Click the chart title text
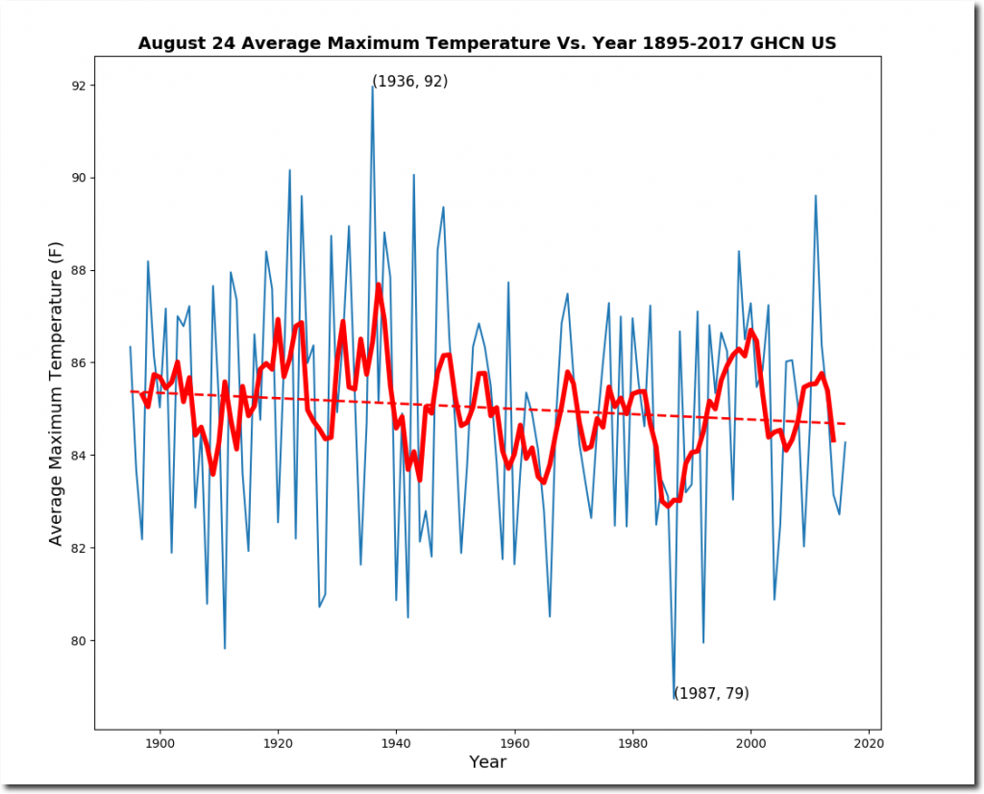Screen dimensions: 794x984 (x=488, y=43)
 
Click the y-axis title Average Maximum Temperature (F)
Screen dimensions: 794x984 (x=56, y=394)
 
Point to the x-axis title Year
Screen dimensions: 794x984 (x=487, y=762)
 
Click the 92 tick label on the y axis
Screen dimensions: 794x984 (x=77, y=86)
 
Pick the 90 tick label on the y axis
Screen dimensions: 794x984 (x=77, y=178)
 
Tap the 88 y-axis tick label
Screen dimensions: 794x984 (x=77, y=270)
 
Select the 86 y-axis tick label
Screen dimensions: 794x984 (x=77, y=363)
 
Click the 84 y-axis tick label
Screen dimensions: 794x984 (x=77, y=456)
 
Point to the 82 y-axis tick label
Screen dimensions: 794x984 (x=77, y=548)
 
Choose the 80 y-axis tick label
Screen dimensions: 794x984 (x=77, y=640)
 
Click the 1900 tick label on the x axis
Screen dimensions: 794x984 (x=160, y=742)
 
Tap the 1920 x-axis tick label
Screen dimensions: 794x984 (x=278, y=742)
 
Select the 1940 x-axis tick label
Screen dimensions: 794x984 (x=396, y=742)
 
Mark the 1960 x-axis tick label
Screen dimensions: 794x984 (x=514, y=742)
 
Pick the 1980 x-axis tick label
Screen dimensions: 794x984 (x=632, y=742)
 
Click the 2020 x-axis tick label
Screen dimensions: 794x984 (x=869, y=742)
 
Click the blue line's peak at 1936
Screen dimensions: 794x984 (x=373, y=87)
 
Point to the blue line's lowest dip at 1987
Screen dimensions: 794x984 (x=674, y=696)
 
